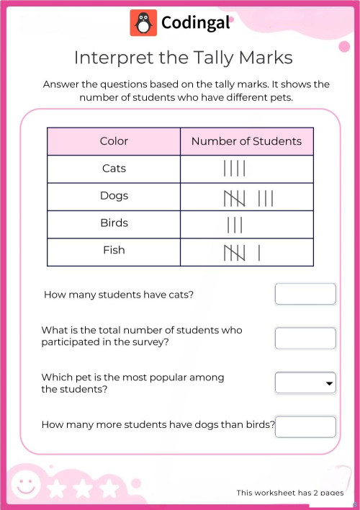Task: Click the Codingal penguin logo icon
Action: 143,23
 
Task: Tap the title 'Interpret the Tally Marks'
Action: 184,57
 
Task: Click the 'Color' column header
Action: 114,141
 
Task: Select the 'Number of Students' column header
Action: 246,141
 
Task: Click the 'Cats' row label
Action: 114,169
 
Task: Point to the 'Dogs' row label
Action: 114,196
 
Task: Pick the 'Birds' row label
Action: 114,223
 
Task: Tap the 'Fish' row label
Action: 114,251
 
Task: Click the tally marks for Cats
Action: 235,169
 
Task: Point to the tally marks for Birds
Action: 235,225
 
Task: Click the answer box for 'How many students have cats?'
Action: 305,294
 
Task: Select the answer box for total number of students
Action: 305,338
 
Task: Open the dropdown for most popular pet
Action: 305,382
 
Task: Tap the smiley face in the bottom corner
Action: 27,483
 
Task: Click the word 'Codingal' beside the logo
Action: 196,23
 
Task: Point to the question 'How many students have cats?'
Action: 119,295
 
